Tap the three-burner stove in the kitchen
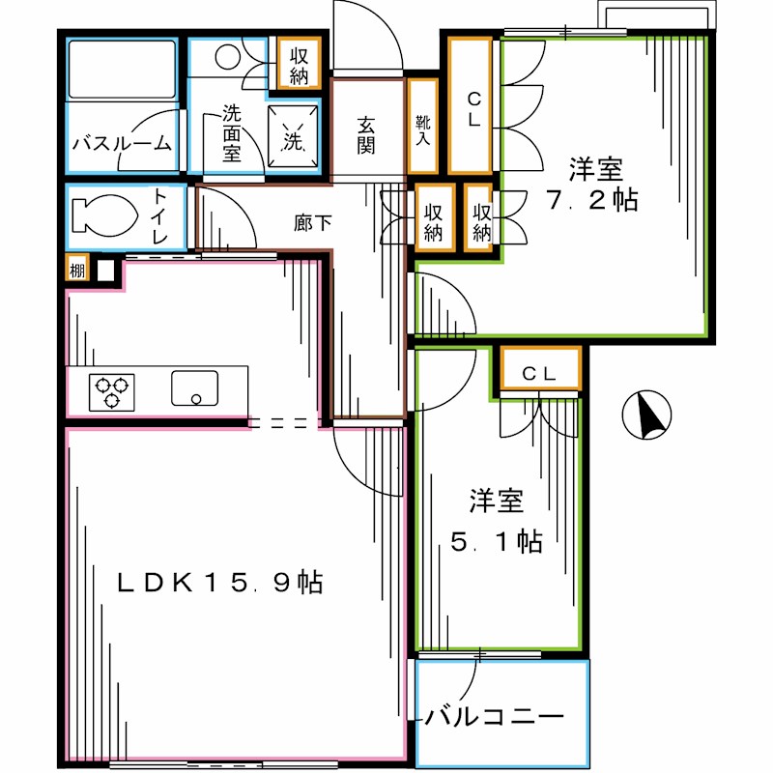pyautogui.click(x=111, y=391)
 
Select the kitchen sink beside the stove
pyautogui.click(x=196, y=388)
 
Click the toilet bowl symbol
pyautogui.click(x=101, y=215)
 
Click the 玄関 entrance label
pyautogui.click(x=366, y=134)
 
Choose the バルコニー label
pyautogui.click(x=495, y=718)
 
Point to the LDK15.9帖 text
pyautogui.click(x=219, y=583)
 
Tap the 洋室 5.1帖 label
pyautogui.click(x=497, y=522)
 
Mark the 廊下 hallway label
pyautogui.click(x=313, y=222)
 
